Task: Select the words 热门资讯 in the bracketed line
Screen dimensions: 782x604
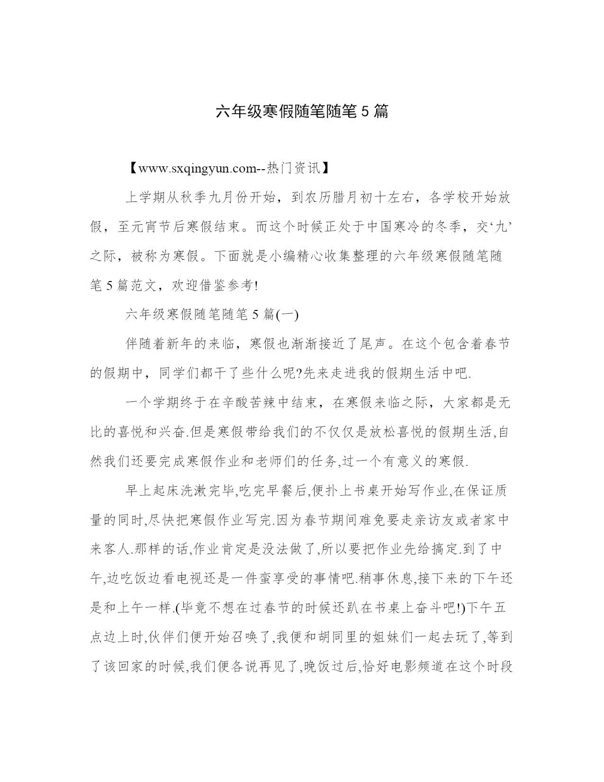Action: point(294,168)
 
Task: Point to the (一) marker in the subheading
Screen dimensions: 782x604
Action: point(287,315)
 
